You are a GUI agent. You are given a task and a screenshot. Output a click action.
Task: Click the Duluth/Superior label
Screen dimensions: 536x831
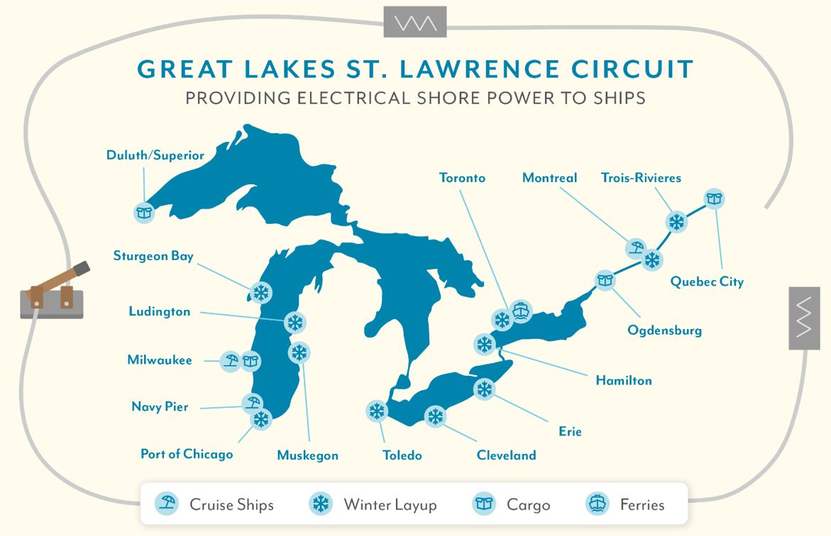[x=155, y=155]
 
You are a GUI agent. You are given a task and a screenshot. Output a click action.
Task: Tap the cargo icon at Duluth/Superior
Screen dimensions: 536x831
[x=145, y=211]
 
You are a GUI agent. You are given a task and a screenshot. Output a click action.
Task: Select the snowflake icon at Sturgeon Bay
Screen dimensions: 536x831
[x=262, y=292]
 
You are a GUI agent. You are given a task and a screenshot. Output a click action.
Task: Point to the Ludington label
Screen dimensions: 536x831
[x=160, y=311]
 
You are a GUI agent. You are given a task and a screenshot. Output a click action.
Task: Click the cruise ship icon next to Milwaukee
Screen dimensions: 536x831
[x=230, y=361]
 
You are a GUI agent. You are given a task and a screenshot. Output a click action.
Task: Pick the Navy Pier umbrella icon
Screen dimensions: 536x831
[x=252, y=404]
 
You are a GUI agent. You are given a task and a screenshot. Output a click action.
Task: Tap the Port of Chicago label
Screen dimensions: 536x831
[x=187, y=454]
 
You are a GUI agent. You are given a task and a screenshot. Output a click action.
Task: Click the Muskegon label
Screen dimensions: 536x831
[x=307, y=455]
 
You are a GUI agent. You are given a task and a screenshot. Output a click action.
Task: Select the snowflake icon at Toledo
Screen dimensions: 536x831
[x=376, y=411]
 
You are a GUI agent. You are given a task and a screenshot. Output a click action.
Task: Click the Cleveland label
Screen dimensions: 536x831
[x=506, y=455]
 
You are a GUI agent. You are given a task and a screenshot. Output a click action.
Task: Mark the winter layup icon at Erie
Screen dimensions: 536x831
[x=484, y=389]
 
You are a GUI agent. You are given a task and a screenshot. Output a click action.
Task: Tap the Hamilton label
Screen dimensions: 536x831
[x=624, y=381]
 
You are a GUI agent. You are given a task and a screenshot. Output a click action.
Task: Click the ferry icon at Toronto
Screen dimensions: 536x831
[x=521, y=311]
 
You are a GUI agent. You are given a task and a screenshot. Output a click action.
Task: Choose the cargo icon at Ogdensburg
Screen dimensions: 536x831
[x=605, y=280]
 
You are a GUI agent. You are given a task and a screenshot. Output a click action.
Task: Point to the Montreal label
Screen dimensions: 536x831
[x=549, y=178]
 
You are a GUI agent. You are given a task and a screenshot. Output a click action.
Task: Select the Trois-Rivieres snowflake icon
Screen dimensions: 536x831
[x=677, y=222]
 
